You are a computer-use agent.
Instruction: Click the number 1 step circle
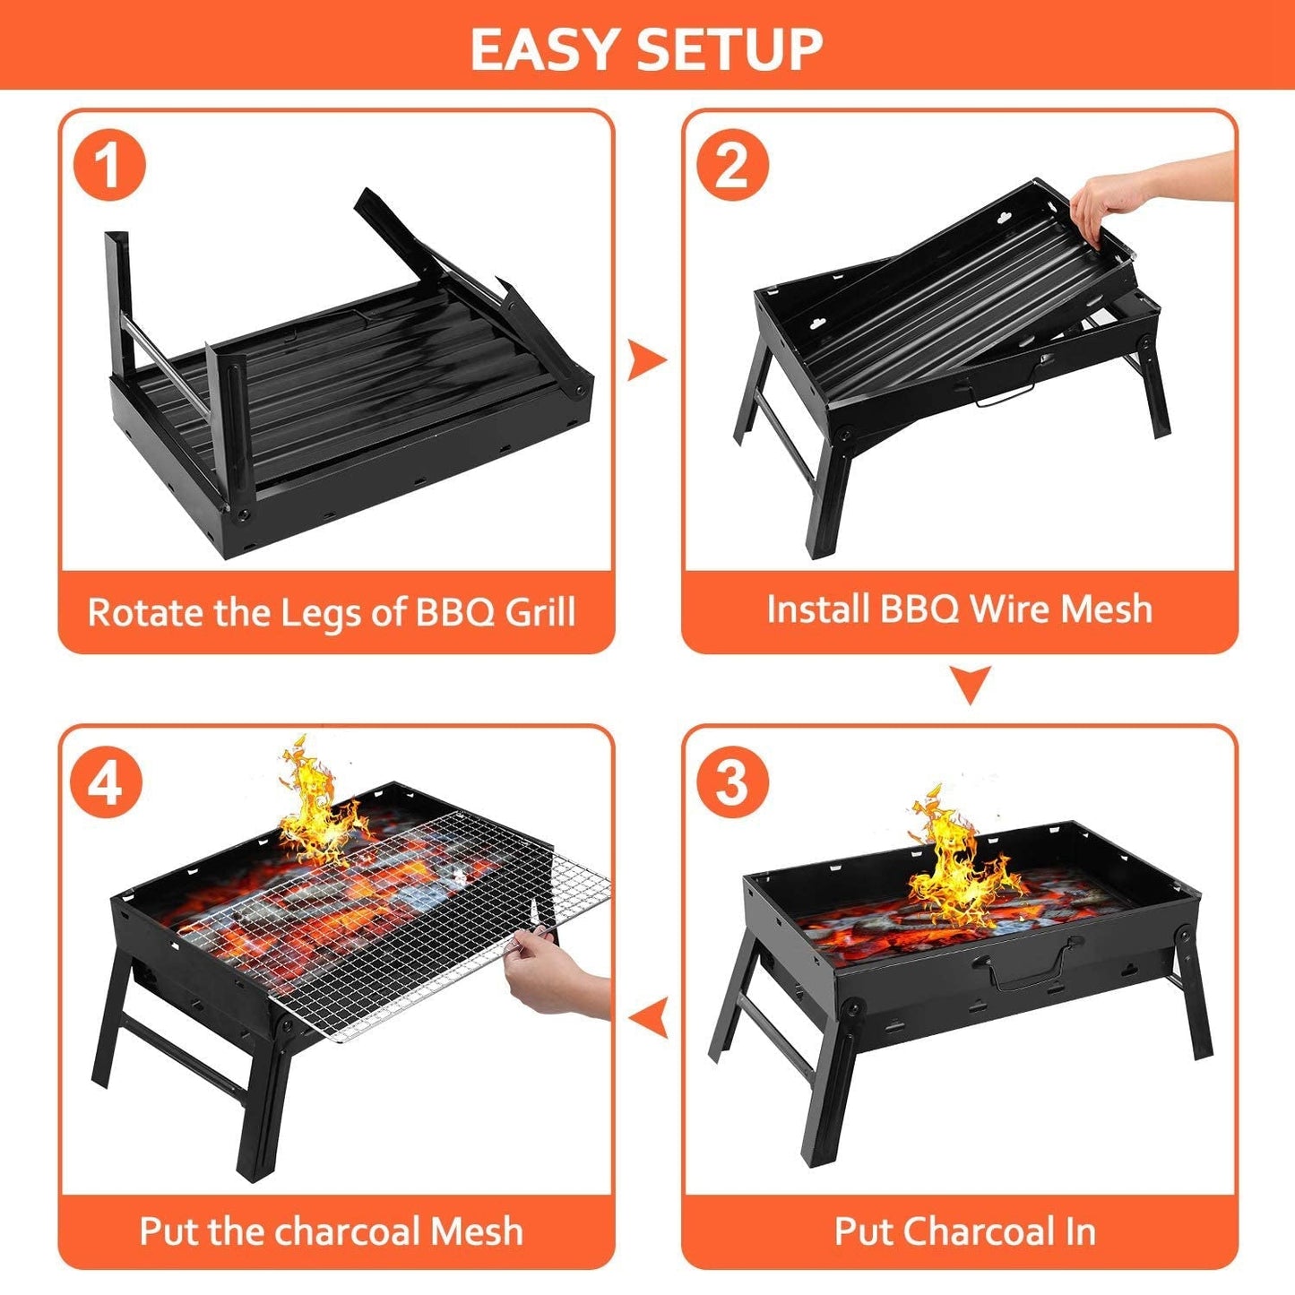click(108, 165)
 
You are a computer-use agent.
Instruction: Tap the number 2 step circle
click(732, 165)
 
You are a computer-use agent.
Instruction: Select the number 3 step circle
click(732, 781)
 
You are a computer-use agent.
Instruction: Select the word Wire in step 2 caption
click(1010, 609)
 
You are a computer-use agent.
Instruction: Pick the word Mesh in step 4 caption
click(476, 1231)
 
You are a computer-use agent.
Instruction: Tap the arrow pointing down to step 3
click(971, 684)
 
